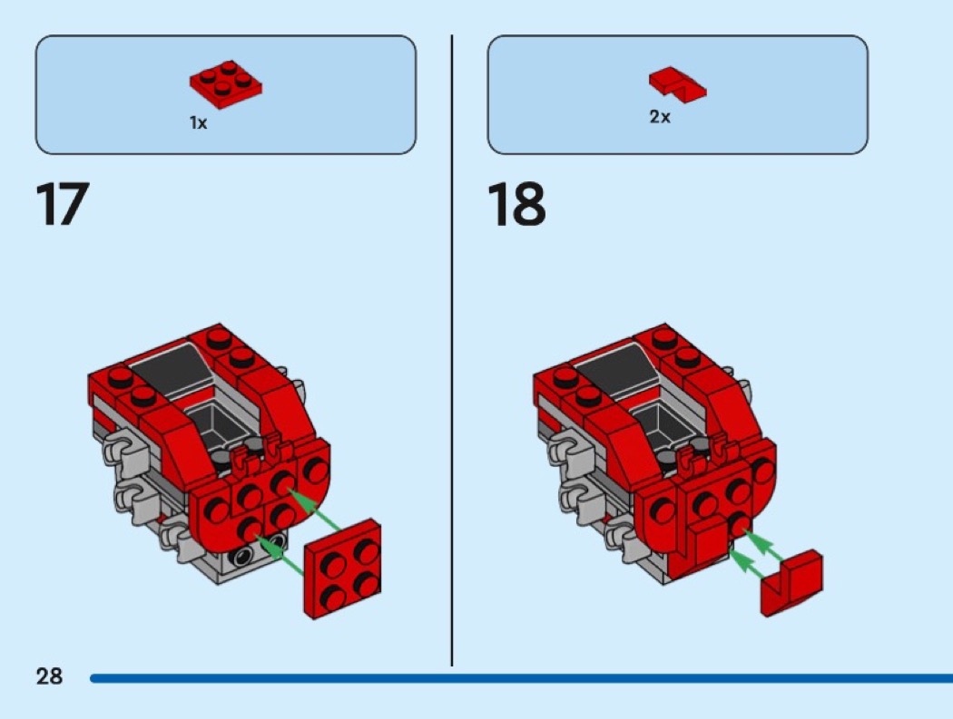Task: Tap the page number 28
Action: click(x=49, y=675)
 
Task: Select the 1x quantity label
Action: click(x=198, y=123)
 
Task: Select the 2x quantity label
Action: click(x=660, y=118)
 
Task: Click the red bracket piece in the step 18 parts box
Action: click(x=677, y=83)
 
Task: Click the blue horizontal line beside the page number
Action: click(x=517, y=677)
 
